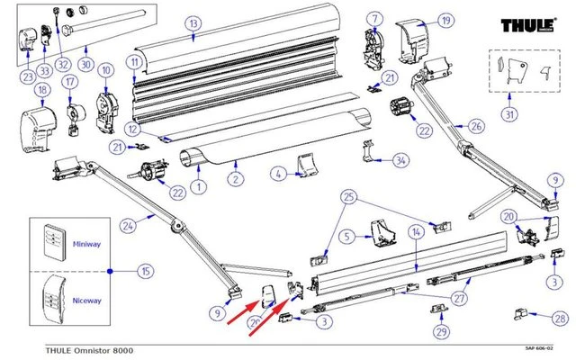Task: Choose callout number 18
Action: tap(41, 90)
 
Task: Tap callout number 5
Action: tap(344, 238)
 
